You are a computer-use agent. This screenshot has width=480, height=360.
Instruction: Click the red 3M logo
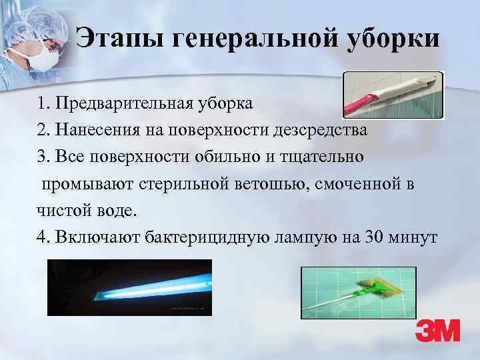[437, 331]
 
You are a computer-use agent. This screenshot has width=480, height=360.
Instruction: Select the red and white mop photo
[392, 95]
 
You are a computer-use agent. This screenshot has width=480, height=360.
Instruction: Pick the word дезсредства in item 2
[319, 130]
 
